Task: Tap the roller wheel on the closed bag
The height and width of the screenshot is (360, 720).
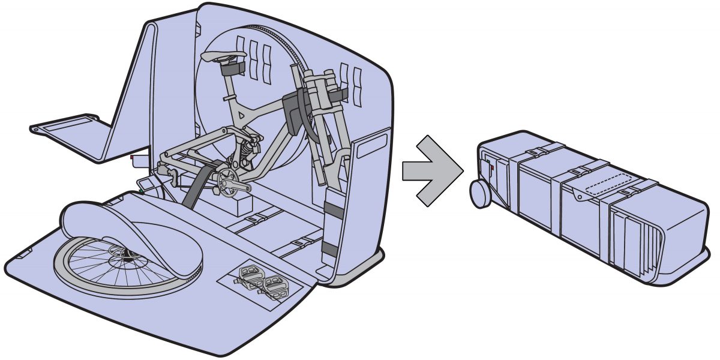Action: tap(481, 194)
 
